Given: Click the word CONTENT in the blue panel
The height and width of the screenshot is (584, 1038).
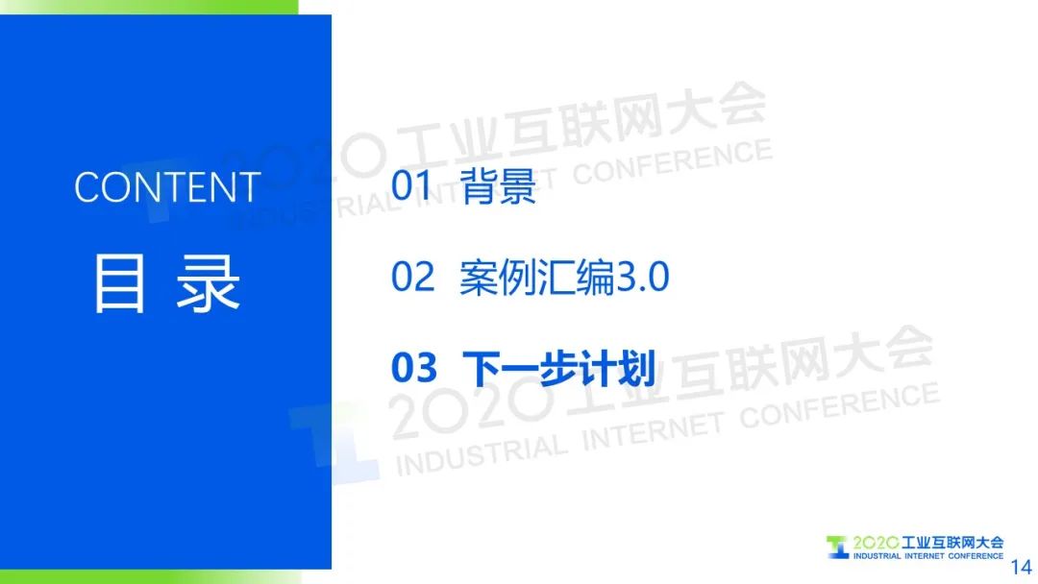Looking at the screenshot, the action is click(x=167, y=187).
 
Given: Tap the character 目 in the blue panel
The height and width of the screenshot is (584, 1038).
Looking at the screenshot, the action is click(x=119, y=283).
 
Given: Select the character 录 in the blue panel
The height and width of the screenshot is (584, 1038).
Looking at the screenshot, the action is click(x=208, y=283).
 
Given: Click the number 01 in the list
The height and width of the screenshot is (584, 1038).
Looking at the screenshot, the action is click(x=411, y=184).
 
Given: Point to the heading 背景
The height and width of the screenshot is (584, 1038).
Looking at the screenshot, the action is click(x=498, y=185).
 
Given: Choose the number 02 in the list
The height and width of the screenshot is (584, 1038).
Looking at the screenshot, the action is click(x=412, y=277).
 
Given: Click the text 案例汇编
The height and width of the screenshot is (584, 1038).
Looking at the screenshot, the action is click(x=537, y=278).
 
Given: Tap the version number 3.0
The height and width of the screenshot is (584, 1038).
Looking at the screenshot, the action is click(x=643, y=278).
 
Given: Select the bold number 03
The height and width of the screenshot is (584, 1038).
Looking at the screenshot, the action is click(x=414, y=368).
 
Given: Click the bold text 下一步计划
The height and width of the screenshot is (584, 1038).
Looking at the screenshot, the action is click(x=558, y=369).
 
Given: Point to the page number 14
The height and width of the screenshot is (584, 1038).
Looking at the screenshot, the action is click(x=1021, y=567).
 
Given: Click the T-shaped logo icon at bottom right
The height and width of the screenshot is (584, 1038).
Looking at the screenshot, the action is click(x=837, y=547).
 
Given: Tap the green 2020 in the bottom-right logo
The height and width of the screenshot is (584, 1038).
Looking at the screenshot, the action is click(x=876, y=543).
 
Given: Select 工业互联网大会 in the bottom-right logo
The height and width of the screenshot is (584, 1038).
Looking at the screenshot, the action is click(x=952, y=543).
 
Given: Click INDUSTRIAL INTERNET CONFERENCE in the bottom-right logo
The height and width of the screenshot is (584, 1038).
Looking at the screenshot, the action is click(x=928, y=556).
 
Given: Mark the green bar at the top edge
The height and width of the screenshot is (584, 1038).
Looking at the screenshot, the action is click(x=149, y=7).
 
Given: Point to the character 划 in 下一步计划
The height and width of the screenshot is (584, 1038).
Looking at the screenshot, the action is click(x=637, y=369).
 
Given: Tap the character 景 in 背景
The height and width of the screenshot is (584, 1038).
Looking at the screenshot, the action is click(x=518, y=185).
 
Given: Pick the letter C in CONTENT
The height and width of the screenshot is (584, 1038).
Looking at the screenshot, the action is click(x=87, y=187).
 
